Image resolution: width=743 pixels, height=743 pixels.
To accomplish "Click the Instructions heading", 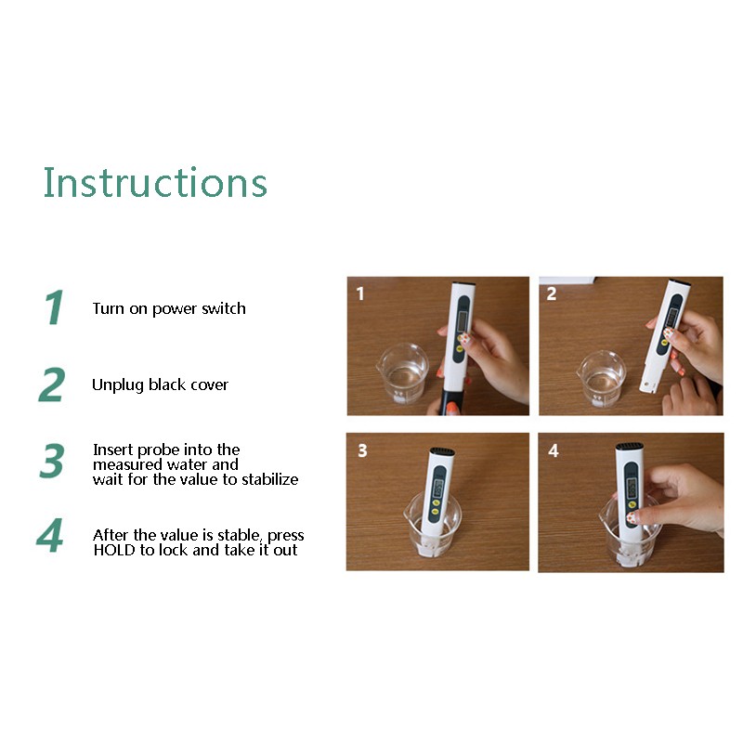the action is [155, 182].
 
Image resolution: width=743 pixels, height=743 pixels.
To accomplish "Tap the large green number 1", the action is [55, 307].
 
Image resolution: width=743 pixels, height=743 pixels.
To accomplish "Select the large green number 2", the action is [52, 385].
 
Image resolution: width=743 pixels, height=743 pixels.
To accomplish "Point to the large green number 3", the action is [52, 460].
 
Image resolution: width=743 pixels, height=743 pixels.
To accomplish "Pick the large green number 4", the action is [50, 535].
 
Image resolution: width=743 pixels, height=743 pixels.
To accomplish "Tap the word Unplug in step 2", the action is [118, 385].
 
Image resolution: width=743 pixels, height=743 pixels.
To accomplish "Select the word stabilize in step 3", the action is [269, 479].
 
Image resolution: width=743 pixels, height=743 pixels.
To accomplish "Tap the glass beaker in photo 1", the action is [403, 373].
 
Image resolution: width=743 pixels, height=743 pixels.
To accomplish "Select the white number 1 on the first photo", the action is [360, 293].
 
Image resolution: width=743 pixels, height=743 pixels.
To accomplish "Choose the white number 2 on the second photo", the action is [552, 293].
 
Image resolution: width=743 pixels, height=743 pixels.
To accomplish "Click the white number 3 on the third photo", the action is [362, 450].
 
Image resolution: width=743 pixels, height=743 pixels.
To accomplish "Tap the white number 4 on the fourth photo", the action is [554, 450].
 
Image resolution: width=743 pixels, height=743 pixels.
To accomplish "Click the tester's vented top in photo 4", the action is [630, 447].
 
